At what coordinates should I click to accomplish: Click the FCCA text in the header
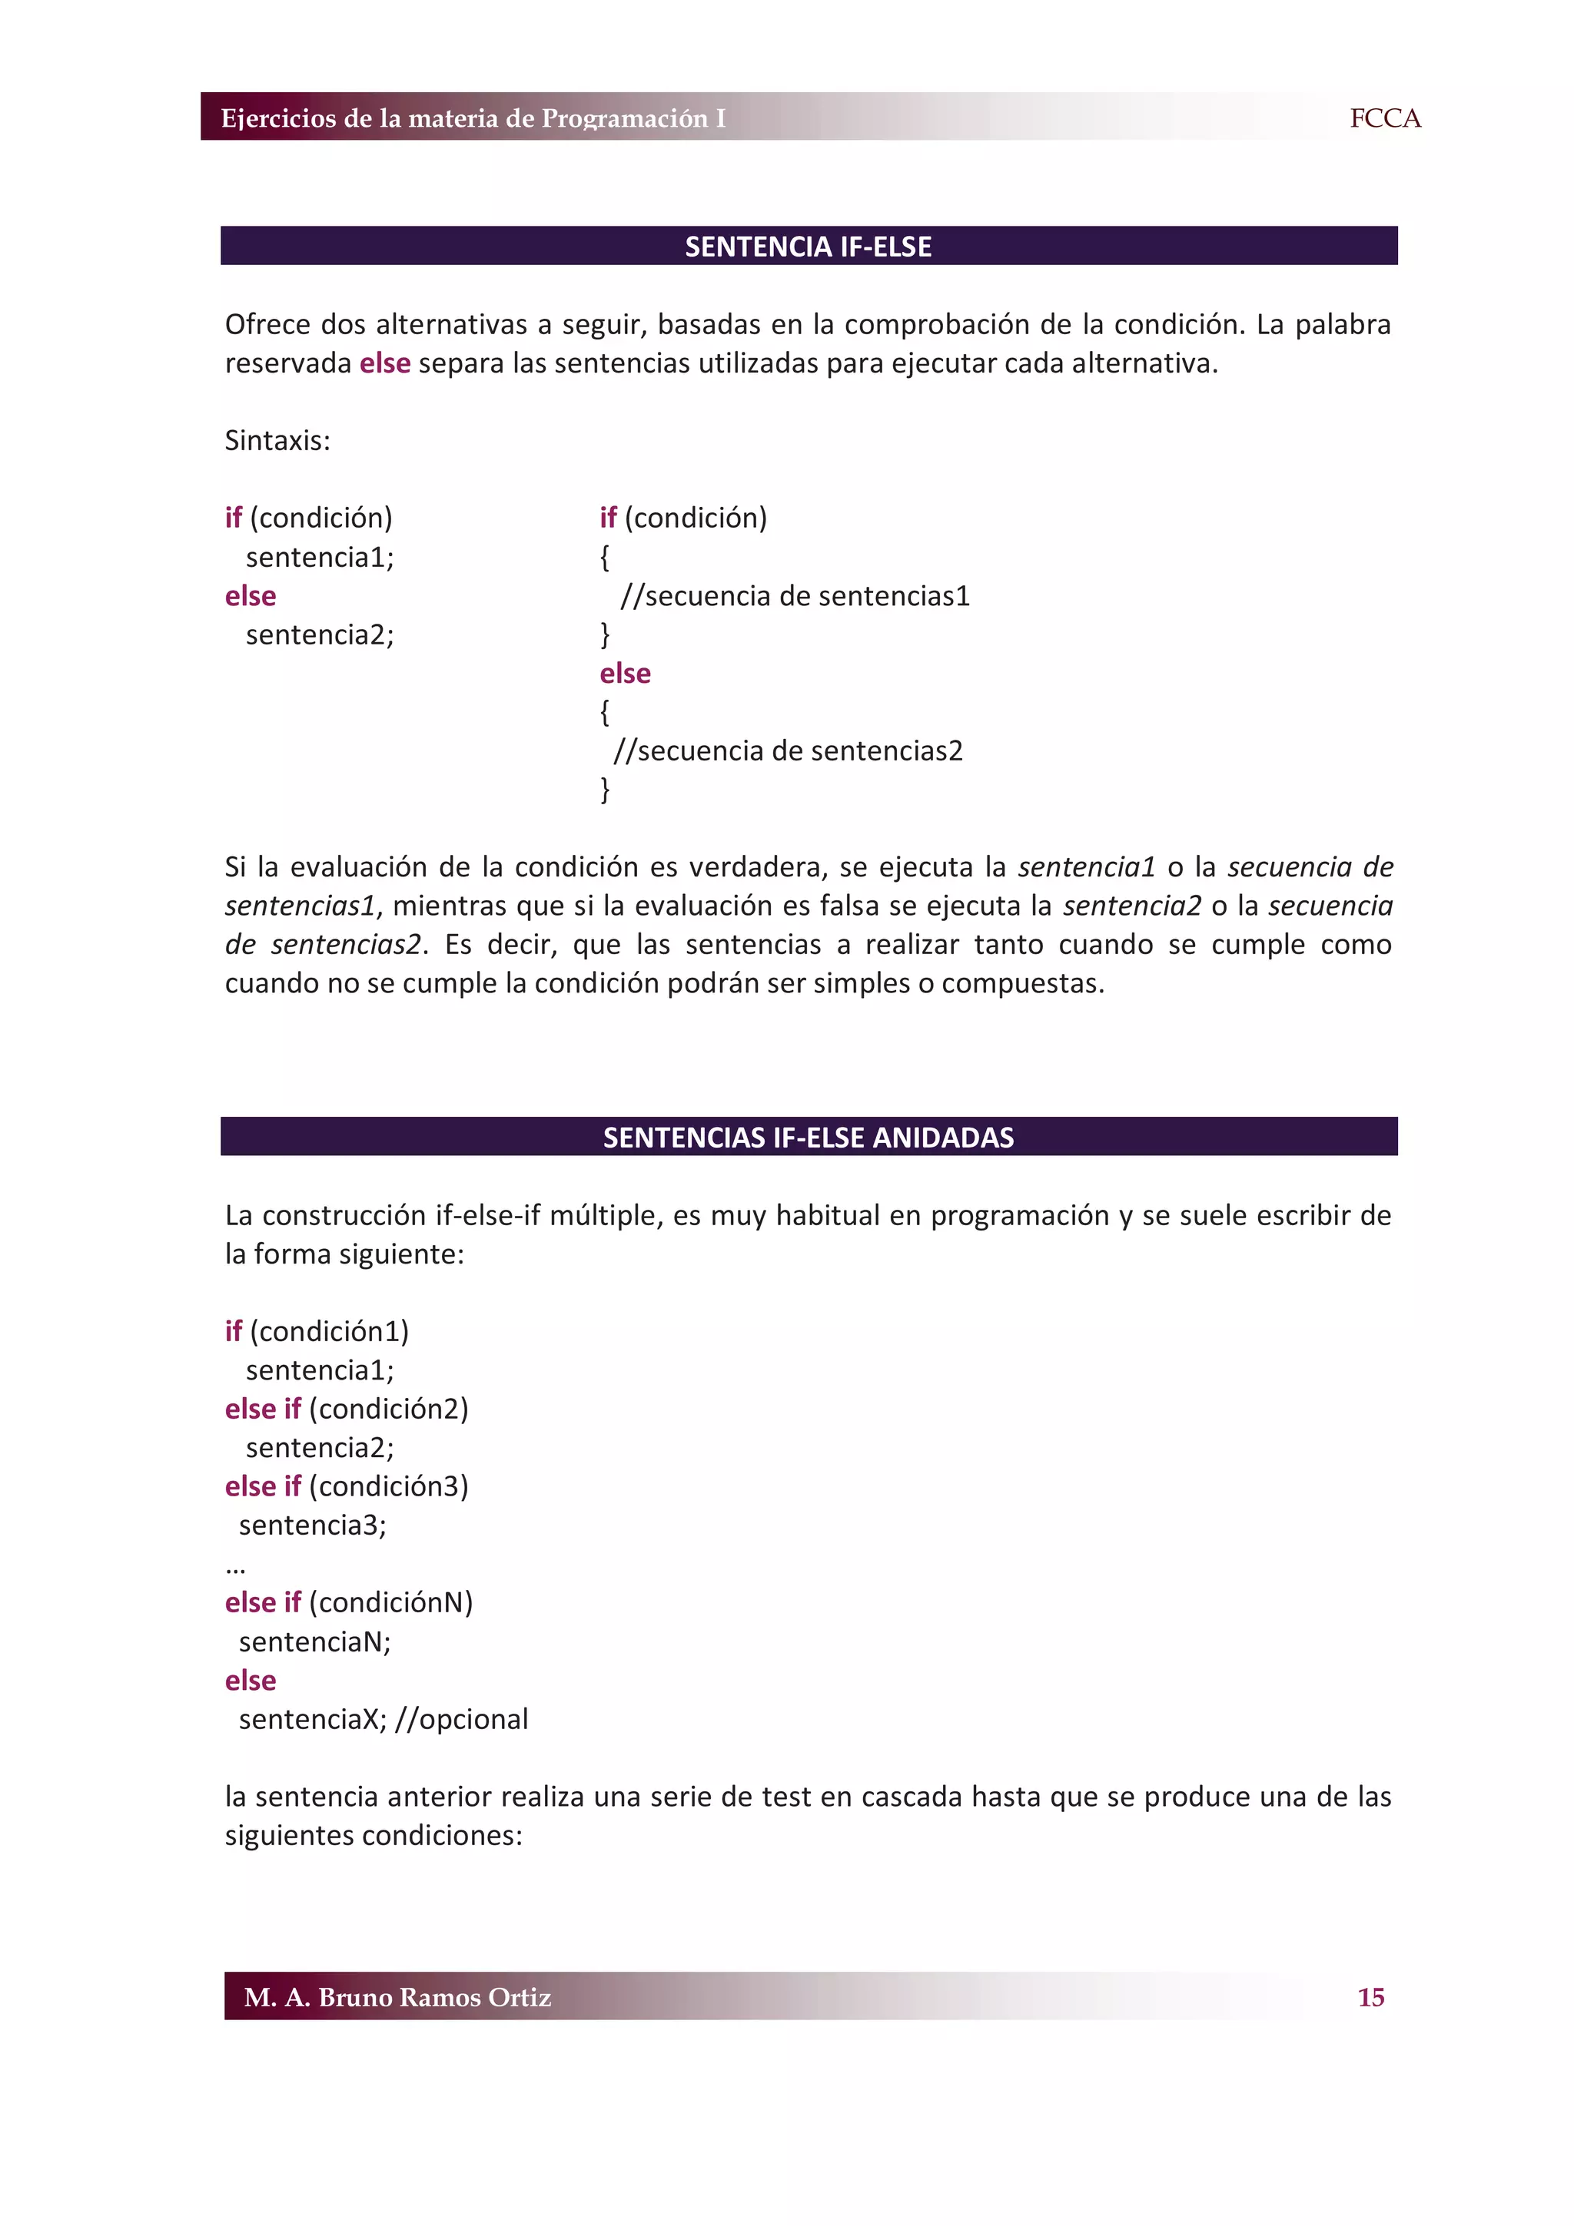(1384, 118)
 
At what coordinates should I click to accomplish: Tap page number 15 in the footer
(1370, 1996)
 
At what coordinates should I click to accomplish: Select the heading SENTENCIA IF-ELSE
(808, 247)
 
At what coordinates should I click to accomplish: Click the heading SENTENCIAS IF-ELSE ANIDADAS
(808, 1138)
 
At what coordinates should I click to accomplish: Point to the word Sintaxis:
(277, 441)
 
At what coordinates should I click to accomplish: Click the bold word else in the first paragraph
(385, 363)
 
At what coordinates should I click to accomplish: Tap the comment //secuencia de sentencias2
(788, 751)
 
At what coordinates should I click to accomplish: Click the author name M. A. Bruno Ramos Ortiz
(397, 1996)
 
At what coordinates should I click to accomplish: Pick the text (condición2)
(388, 1409)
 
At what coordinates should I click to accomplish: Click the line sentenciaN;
(314, 1641)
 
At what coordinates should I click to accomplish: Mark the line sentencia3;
(312, 1525)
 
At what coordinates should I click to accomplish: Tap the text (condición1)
(329, 1332)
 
